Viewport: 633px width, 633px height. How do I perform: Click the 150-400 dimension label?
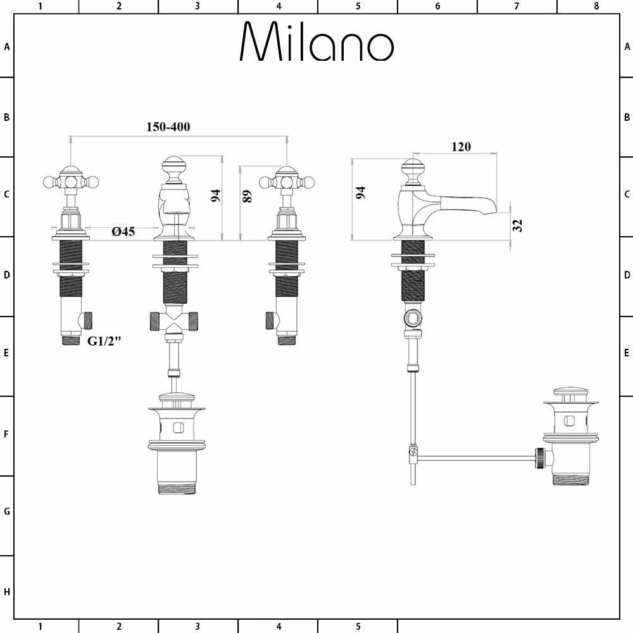coord(168,127)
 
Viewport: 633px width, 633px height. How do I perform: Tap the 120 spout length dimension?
coord(461,147)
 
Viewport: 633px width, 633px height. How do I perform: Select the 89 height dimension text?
coord(248,196)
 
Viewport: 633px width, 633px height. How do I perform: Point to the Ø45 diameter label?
coord(123,232)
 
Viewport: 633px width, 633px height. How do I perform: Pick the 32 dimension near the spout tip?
coord(518,225)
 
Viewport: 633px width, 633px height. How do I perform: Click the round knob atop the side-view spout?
coord(413,168)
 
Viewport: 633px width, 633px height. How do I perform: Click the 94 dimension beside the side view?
coord(361,193)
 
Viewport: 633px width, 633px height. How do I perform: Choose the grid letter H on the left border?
coord(7,592)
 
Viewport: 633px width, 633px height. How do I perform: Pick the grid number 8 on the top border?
coord(596,6)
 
